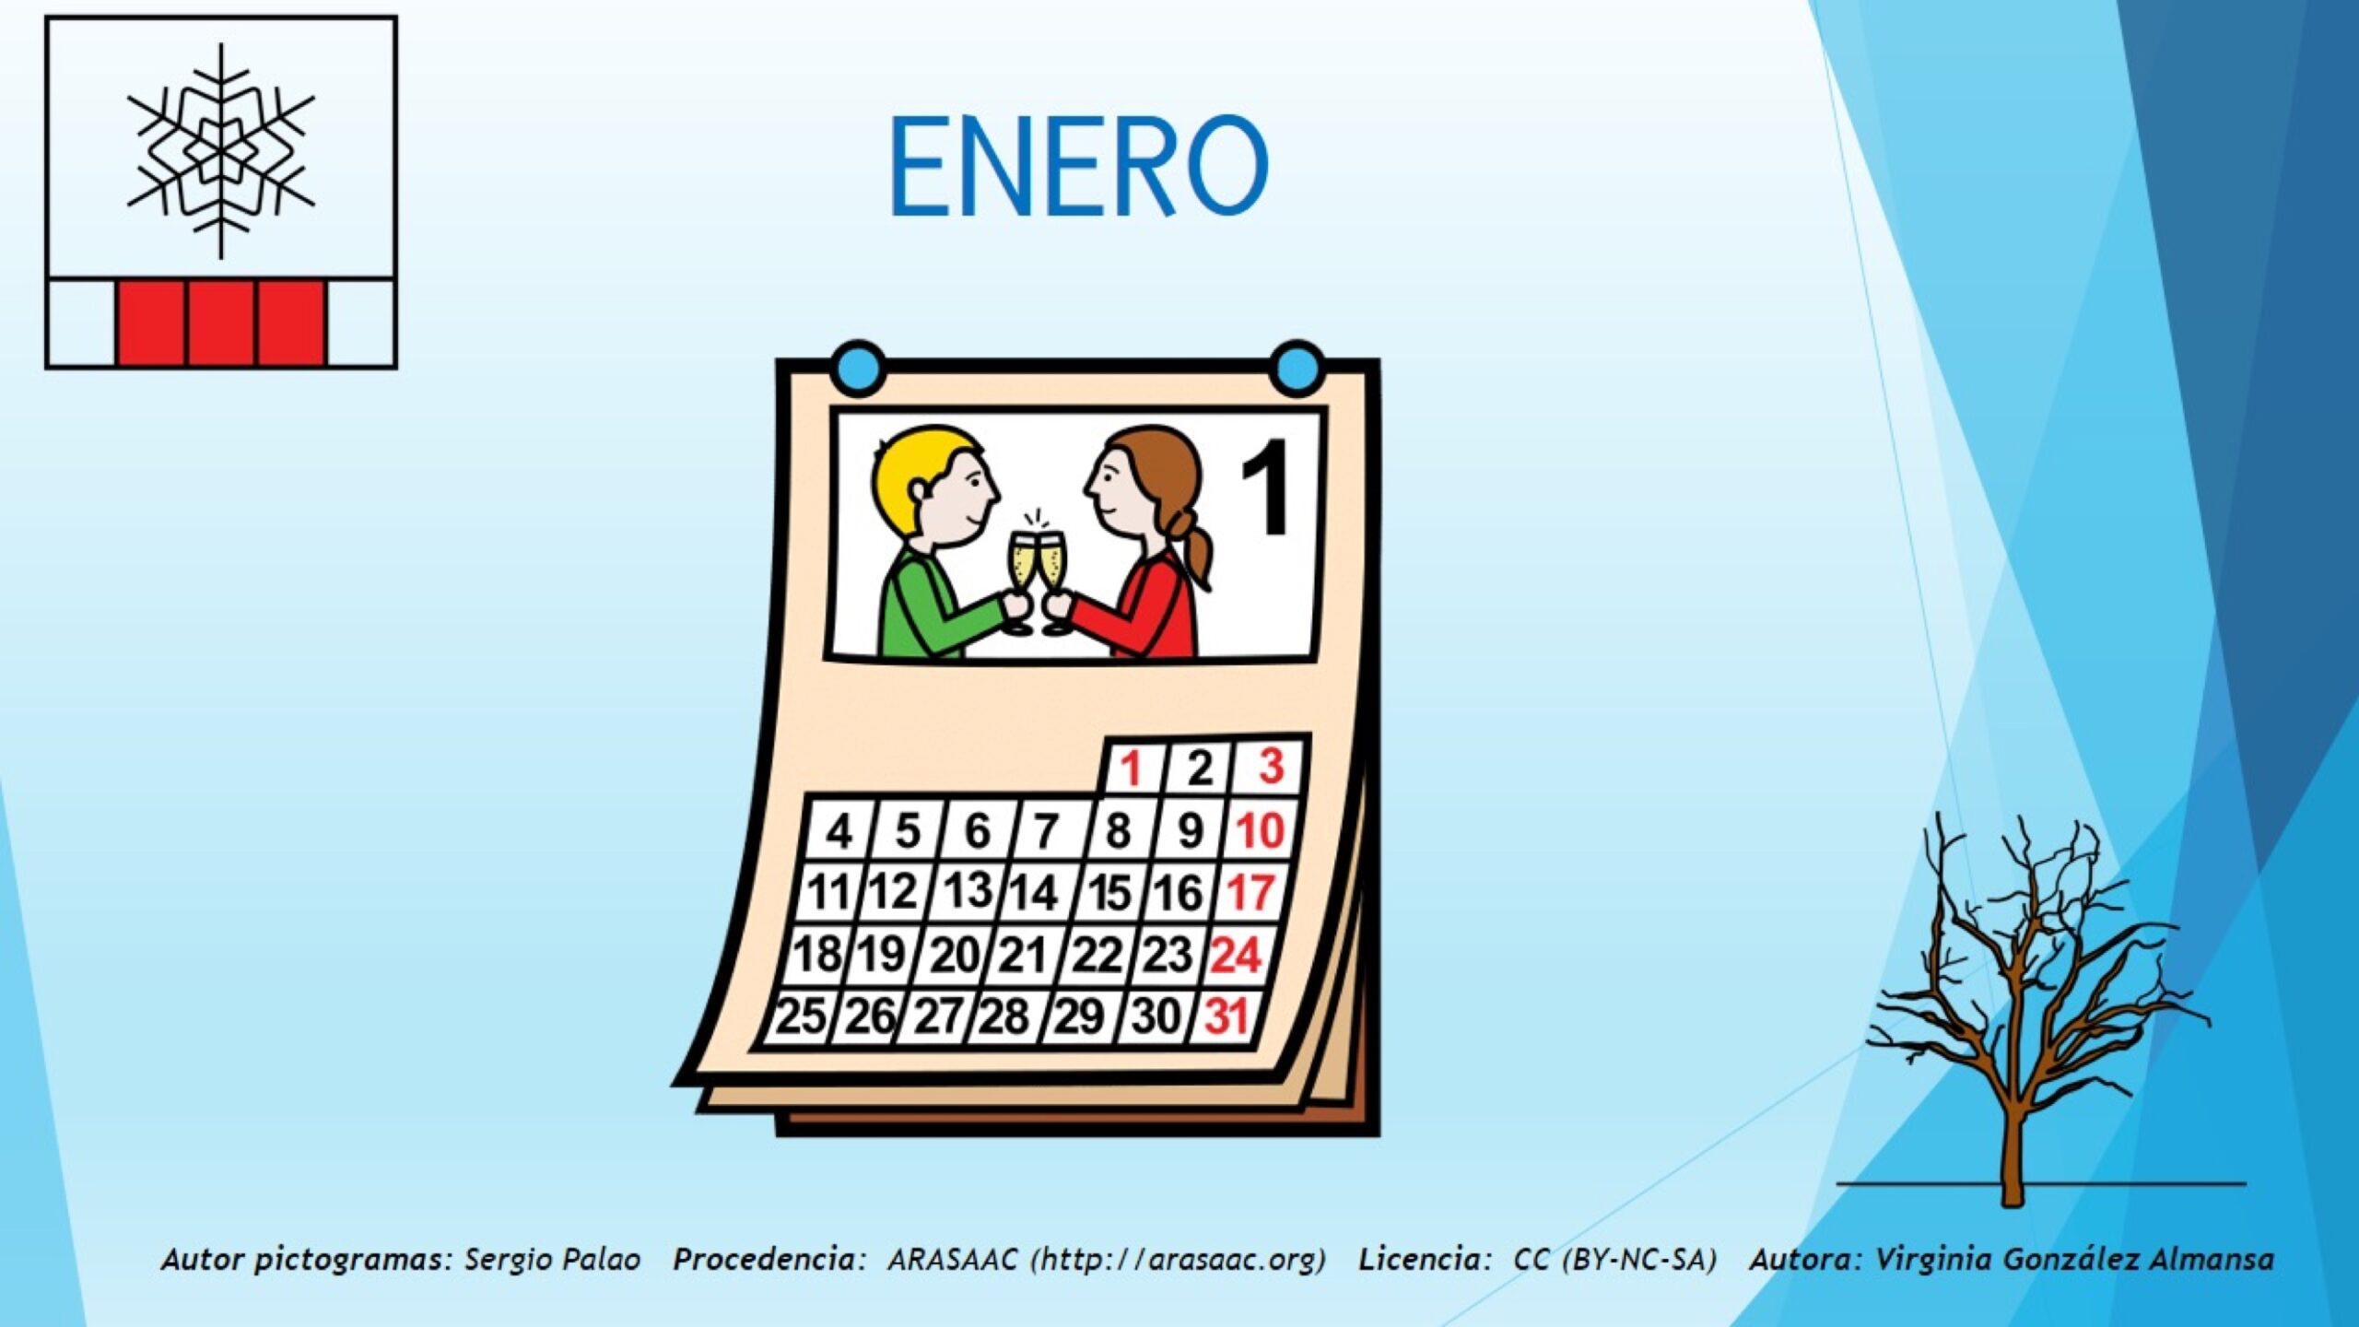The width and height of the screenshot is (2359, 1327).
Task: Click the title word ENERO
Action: (x=1078, y=167)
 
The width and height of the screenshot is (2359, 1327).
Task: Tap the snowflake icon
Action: (x=221, y=151)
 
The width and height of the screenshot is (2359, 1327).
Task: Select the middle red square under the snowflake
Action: (x=221, y=323)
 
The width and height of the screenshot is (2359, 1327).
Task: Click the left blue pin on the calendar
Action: (x=858, y=369)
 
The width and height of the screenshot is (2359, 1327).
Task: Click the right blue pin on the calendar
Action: (x=1297, y=369)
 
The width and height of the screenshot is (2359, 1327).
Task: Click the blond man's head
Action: (x=933, y=488)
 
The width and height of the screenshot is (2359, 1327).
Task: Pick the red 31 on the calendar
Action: (x=1226, y=1016)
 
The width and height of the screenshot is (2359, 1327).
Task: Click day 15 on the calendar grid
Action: (x=1109, y=892)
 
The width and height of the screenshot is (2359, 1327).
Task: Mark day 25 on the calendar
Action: (x=801, y=1016)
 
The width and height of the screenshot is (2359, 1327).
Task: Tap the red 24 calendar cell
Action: (x=1236, y=955)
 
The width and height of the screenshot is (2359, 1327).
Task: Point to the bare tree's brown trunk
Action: (x=2013, y=1143)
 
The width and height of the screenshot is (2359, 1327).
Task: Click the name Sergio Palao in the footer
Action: (x=552, y=1259)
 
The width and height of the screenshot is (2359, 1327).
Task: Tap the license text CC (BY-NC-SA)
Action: (x=1614, y=1259)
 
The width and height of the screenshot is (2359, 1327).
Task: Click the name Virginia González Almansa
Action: (x=2075, y=1259)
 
